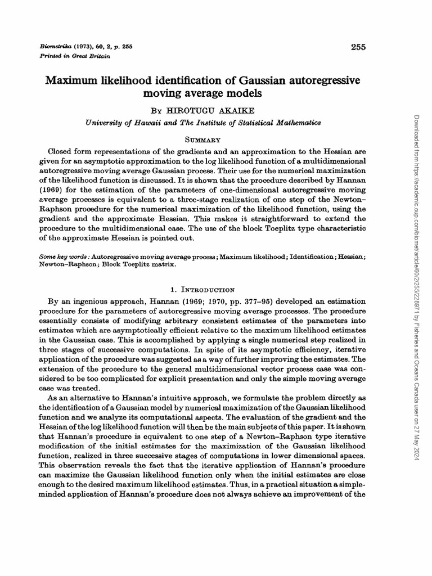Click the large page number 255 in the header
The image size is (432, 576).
358,47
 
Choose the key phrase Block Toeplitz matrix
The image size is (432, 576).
143,264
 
